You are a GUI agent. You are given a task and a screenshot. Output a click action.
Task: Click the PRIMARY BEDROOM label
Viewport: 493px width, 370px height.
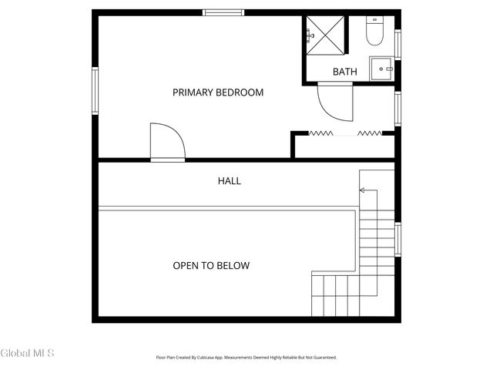pyautogui.click(x=218, y=92)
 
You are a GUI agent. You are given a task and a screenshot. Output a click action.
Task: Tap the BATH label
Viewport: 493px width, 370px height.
pyautogui.click(x=345, y=72)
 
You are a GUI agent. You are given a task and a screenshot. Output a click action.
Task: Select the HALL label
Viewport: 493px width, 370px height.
pyautogui.click(x=230, y=181)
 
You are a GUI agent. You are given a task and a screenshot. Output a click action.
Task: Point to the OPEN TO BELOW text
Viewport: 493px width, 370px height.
pyautogui.click(x=211, y=265)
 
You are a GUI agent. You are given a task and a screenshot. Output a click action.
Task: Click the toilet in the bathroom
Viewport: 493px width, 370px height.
pyautogui.click(x=375, y=31)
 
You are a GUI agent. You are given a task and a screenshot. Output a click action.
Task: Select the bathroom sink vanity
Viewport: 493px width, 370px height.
pyautogui.click(x=382, y=69)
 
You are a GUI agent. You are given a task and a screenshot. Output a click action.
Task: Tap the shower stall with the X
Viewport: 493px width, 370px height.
pyautogui.click(x=325, y=35)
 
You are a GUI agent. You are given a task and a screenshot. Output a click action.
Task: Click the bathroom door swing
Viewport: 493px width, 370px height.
pyautogui.click(x=335, y=102)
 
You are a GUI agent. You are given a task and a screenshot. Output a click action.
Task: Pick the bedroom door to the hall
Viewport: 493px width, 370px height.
pyautogui.click(x=168, y=142)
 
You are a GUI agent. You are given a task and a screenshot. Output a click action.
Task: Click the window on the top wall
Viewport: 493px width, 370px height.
pyautogui.click(x=223, y=12)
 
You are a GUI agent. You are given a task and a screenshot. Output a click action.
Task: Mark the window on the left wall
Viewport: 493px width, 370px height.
pyautogui.click(x=95, y=91)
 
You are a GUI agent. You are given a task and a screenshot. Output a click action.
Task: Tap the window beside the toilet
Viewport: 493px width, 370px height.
pyautogui.click(x=397, y=45)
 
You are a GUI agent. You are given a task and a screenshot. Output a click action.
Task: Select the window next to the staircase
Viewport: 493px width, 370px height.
pyautogui.click(x=397, y=240)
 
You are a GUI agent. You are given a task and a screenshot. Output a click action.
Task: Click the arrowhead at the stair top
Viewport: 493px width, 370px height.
pyautogui.click(x=362, y=190)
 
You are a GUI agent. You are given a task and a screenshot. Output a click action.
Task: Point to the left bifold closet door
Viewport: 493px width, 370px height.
pyautogui.click(x=320, y=133)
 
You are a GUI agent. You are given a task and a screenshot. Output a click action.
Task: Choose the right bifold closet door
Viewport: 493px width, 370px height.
pyautogui.click(x=370, y=133)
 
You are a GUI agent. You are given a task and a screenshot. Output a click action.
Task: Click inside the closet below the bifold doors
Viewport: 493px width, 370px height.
pyautogui.click(x=344, y=146)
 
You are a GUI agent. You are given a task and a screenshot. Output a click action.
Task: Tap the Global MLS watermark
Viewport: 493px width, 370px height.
pyautogui.click(x=27, y=353)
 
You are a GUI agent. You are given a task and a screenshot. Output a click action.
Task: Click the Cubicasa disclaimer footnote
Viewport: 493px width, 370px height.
pyautogui.click(x=246, y=358)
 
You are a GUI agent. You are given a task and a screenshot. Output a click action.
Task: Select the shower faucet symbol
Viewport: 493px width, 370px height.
pyautogui.click(x=310, y=35)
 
